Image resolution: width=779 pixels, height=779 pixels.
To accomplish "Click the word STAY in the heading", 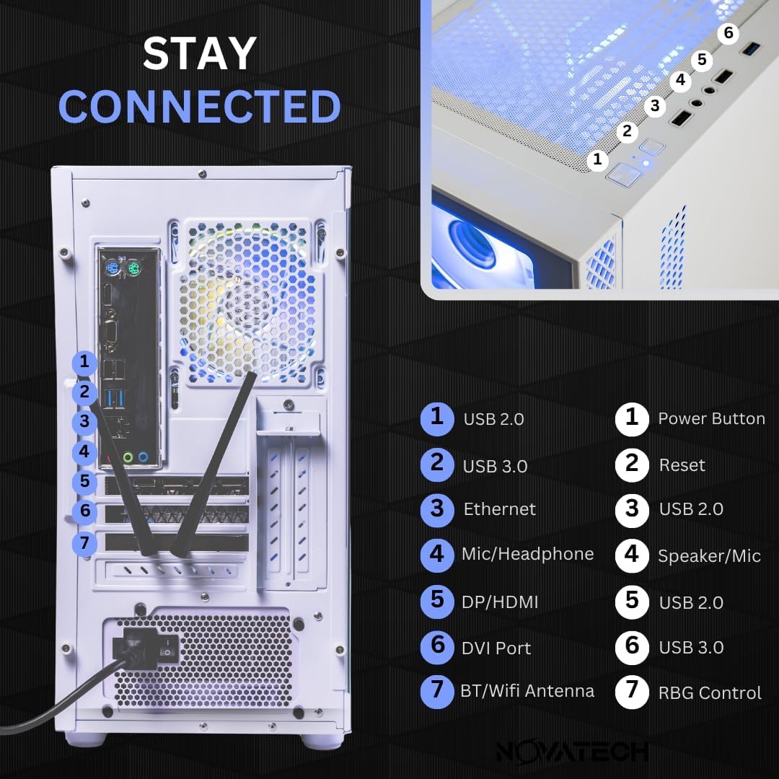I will tap(199, 54).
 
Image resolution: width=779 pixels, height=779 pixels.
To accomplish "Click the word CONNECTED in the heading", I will tap(199, 107).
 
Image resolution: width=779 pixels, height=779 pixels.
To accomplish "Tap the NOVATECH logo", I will tap(572, 751).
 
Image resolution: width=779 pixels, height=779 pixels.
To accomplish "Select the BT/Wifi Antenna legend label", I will tap(527, 691).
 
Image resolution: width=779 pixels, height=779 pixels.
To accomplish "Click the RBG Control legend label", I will tap(710, 693).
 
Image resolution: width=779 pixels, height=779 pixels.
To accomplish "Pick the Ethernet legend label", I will tap(499, 509).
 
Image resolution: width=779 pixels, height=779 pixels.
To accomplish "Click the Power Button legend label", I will tap(711, 419).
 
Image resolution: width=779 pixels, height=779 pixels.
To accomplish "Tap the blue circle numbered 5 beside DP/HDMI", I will tap(437, 601).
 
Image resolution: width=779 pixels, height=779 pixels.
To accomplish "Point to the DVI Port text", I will tap(496, 648).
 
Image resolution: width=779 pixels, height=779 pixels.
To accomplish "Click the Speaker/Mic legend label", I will tap(709, 556).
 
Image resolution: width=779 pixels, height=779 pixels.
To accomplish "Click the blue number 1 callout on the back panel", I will tap(85, 362).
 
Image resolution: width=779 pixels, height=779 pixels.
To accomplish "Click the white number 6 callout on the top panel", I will tap(729, 33).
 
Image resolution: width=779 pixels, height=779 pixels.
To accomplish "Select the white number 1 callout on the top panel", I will tap(597, 160).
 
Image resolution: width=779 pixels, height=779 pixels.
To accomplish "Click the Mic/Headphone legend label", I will tap(527, 554).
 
